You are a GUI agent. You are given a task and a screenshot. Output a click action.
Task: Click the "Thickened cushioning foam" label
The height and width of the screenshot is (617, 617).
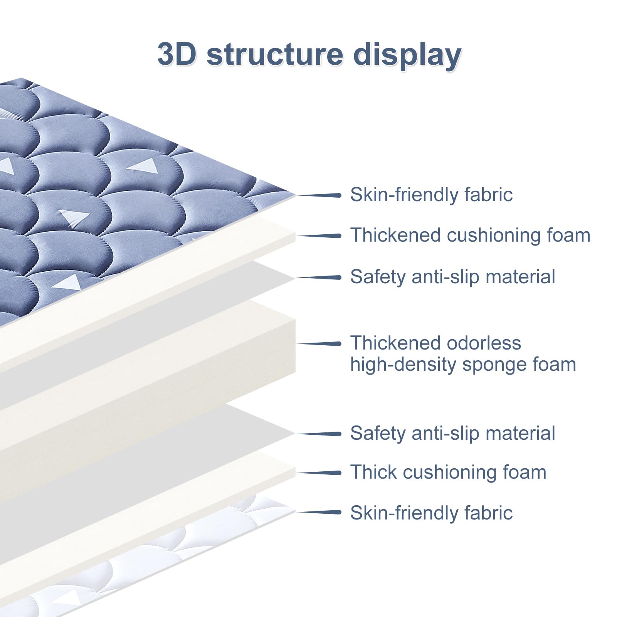pyautogui.click(x=470, y=235)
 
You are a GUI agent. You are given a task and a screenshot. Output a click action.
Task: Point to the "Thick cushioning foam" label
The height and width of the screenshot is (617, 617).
pyautogui.click(x=448, y=472)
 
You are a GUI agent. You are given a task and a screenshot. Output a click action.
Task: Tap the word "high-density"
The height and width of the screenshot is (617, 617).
pyautogui.click(x=403, y=365)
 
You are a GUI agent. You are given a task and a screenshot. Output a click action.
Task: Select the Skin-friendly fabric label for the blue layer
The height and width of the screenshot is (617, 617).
pyautogui.click(x=431, y=195)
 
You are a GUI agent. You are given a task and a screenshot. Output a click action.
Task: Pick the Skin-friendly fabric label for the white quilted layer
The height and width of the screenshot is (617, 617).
pyautogui.click(x=431, y=513)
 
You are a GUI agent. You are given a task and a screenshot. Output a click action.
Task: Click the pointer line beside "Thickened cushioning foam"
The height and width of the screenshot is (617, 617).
pyautogui.click(x=319, y=236)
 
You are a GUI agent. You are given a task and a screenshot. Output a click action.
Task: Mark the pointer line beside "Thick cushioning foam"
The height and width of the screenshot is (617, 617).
pyautogui.click(x=319, y=473)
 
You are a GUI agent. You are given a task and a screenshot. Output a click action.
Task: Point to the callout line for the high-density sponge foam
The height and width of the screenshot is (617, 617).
pyautogui.click(x=319, y=343)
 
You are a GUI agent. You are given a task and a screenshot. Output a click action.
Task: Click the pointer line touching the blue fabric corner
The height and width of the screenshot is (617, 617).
pyautogui.click(x=319, y=195)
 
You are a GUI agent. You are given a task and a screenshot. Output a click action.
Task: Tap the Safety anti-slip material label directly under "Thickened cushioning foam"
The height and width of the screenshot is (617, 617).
pyautogui.click(x=452, y=277)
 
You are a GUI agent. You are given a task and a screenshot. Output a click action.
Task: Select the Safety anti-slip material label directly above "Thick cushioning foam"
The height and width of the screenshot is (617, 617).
pyautogui.click(x=452, y=433)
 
